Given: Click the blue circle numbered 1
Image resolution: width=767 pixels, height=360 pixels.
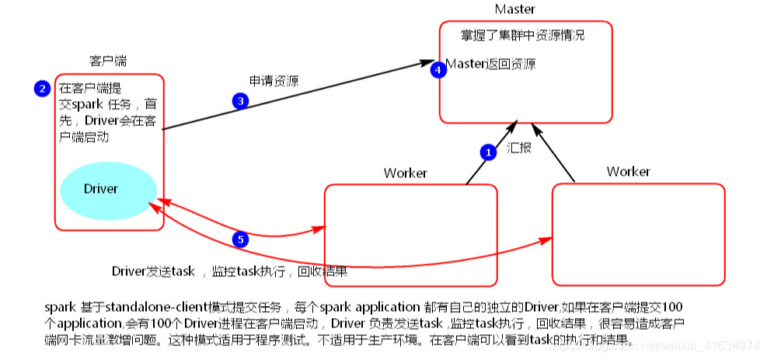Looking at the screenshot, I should pos(488,152).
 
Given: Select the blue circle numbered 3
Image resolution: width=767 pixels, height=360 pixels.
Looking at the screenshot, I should pos(240,100).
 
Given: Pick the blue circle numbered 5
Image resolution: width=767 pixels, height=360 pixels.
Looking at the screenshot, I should pos(241,239).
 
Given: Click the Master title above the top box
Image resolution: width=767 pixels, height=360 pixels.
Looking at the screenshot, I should pos(514,9).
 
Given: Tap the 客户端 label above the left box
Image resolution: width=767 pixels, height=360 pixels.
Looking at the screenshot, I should pos(108,61).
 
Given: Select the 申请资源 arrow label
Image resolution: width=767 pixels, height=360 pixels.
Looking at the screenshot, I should pos(274,81).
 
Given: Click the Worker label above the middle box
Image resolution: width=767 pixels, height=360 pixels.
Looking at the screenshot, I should pos(405,173).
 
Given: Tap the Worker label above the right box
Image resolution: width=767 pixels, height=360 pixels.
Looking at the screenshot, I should pos(628,171).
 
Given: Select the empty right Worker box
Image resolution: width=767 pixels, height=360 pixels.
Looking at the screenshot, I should pos(637,233).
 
